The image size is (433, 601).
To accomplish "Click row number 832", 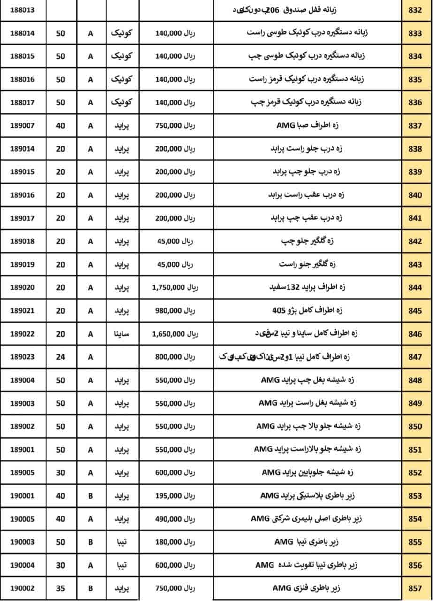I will (415, 10).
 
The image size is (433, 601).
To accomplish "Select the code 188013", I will (22, 10).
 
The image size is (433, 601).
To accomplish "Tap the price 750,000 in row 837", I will (175, 125).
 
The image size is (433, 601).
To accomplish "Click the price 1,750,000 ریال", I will (175, 287).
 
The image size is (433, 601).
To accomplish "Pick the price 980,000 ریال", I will (175, 310).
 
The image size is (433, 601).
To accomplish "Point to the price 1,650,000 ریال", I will (175, 334).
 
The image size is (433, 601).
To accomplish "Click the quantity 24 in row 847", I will (61, 357).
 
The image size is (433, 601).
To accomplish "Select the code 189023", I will (22, 357).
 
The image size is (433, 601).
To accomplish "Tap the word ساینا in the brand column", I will (122, 334).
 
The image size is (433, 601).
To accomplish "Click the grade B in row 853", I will (91, 496).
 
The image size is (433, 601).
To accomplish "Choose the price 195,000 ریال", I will (175, 496).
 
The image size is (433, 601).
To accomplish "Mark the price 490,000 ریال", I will (175, 519).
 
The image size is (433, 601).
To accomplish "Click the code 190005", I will (22, 519).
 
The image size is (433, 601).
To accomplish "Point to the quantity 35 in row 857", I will (61, 588).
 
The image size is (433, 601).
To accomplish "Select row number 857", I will (415, 588).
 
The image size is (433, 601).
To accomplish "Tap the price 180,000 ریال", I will (175, 542).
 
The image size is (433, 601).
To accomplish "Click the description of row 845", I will (307, 310).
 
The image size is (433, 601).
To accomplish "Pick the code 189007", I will (22, 125).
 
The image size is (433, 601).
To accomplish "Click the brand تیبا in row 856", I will (122, 565).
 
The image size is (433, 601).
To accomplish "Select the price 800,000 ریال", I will (175, 357).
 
